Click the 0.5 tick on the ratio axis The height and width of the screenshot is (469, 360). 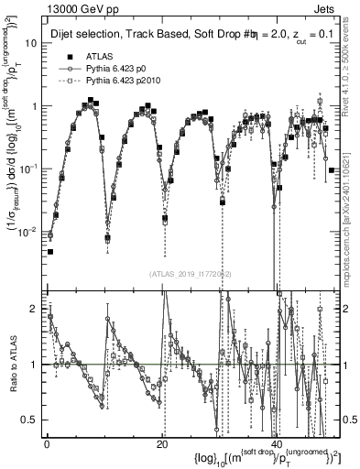pos(30,419)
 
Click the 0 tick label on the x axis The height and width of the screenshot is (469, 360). pos(47,442)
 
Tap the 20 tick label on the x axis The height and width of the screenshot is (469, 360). pos(162,442)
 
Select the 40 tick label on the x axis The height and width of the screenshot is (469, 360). pos(277,442)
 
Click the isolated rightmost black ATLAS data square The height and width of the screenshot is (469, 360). pos(331,170)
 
